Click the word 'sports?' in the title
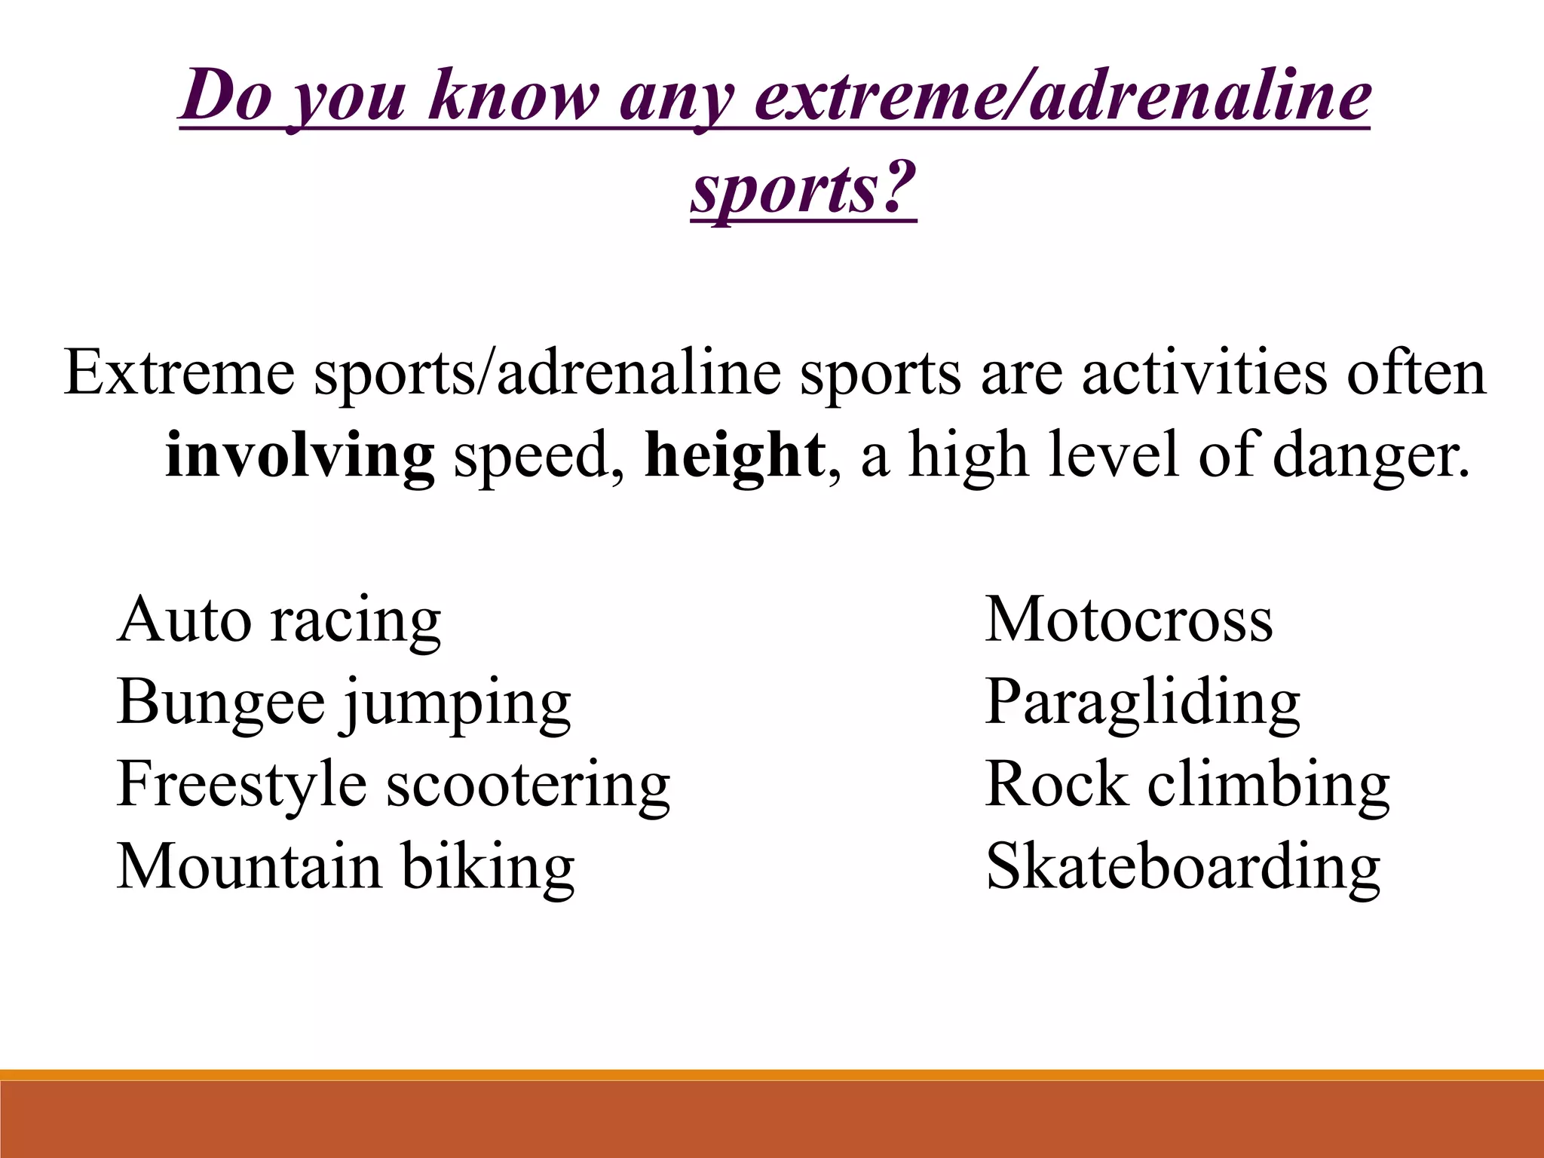tap(803, 188)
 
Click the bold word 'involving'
tap(299, 456)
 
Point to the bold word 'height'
tap(735, 456)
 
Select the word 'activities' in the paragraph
tap(1203, 373)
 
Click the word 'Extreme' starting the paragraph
tap(179, 373)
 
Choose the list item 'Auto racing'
tap(279, 620)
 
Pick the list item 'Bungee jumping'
tap(344, 703)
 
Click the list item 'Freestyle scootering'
tap(393, 785)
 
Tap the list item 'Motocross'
tap(1129, 620)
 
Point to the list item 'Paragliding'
tap(1142, 703)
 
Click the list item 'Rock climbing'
tap(1187, 785)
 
